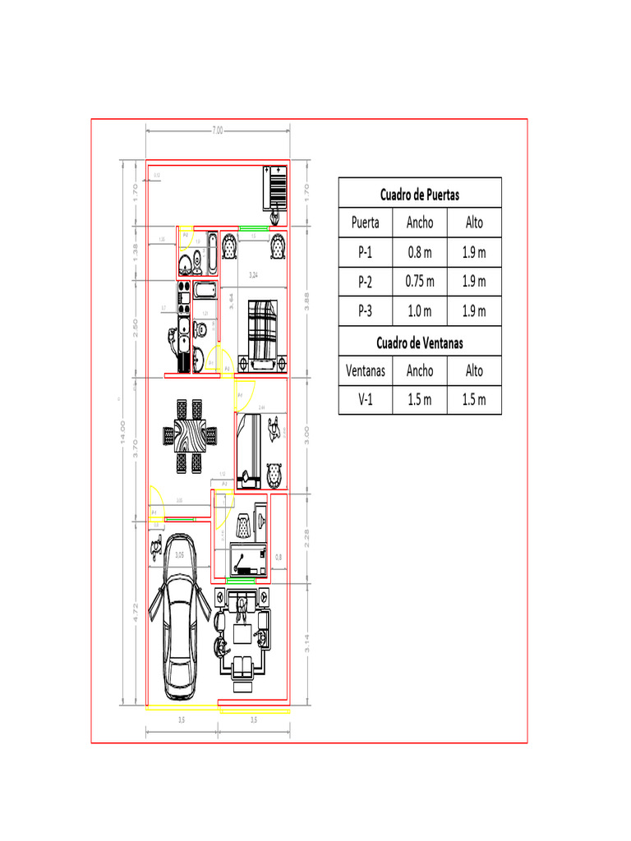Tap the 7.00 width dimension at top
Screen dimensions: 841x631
[x=217, y=130]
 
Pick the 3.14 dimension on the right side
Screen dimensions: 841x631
[x=306, y=643]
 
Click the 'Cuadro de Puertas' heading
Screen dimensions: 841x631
[x=419, y=195]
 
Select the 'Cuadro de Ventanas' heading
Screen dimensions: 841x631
[x=419, y=342]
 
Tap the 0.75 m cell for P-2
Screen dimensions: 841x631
[x=419, y=282]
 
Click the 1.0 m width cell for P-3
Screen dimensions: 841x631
[x=419, y=311]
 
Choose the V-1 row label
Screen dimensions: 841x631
[x=365, y=400]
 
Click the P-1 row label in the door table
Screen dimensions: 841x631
[x=365, y=252]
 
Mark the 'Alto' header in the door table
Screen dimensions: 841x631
[x=474, y=223]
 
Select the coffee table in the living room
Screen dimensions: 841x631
[x=242, y=634]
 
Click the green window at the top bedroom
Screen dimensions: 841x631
[x=254, y=227]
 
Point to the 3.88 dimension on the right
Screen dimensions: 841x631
[x=306, y=302]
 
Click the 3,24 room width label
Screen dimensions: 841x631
[x=254, y=274]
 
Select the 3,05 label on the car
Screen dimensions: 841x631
[x=180, y=556]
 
